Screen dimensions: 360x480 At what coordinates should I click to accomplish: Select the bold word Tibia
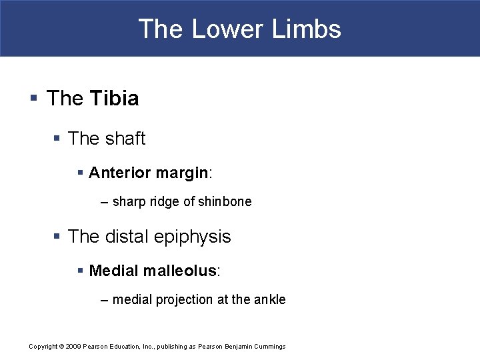pyautogui.click(x=114, y=99)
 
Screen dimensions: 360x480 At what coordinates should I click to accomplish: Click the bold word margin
pyautogui.click(x=181, y=173)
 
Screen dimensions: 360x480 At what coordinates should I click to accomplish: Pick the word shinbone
pyautogui.click(x=227, y=201)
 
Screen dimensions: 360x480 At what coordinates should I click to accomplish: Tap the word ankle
pyautogui.click(x=269, y=300)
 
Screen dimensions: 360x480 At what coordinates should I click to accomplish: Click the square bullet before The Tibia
pyautogui.click(x=33, y=99)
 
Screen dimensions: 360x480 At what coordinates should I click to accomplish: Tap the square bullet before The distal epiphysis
pyautogui.click(x=58, y=237)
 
